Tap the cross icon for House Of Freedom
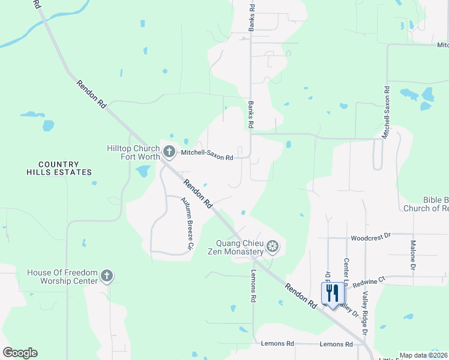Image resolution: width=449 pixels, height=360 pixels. point(106,276)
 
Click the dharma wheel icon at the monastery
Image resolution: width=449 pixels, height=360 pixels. point(273,247)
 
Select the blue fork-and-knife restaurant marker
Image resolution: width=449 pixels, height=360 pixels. point(333,293)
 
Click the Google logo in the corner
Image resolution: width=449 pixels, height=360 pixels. point(20,353)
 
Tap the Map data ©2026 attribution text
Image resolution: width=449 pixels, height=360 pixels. point(424,355)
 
